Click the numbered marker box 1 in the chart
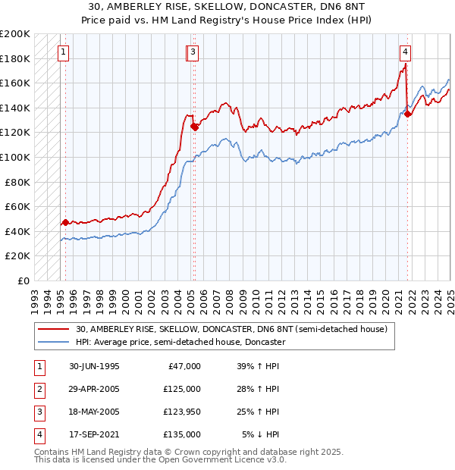coord(62,52)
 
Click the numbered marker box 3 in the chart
coord(193,52)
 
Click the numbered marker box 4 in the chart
coord(406,52)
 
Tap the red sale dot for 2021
coord(408,114)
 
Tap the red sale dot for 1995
coord(65,223)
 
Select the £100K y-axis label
coord(16,157)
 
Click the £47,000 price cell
coord(184,366)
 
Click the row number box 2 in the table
coord(39,389)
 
